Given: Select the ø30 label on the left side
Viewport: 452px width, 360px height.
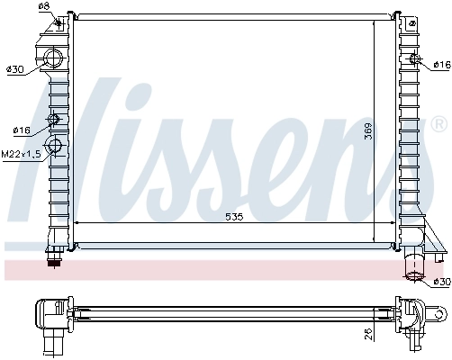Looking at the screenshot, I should [14, 69].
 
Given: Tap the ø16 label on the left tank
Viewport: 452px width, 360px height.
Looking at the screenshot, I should [22, 130].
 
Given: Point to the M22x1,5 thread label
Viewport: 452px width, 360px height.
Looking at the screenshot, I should [19, 155].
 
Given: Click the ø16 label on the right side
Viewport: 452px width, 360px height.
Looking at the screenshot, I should [441, 64].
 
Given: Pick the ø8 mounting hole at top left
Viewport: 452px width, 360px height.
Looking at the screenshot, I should [59, 24].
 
